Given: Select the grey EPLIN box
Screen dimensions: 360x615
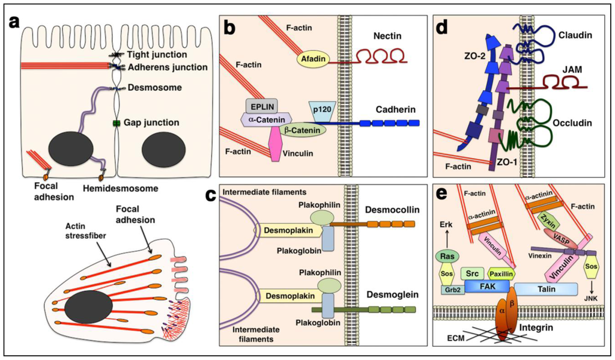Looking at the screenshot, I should (260, 106).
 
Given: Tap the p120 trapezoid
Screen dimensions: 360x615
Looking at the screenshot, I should (321, 108).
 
